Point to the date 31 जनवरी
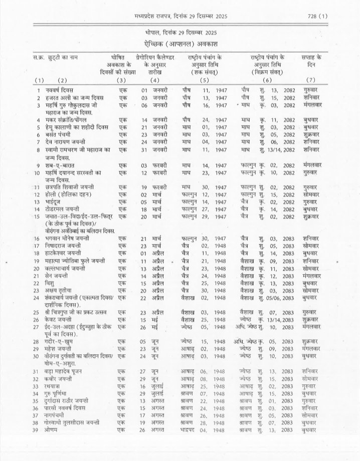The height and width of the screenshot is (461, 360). pyautogui.click(x=153, y=150)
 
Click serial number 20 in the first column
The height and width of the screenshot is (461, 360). pyautogui.click(x=36, y=268)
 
